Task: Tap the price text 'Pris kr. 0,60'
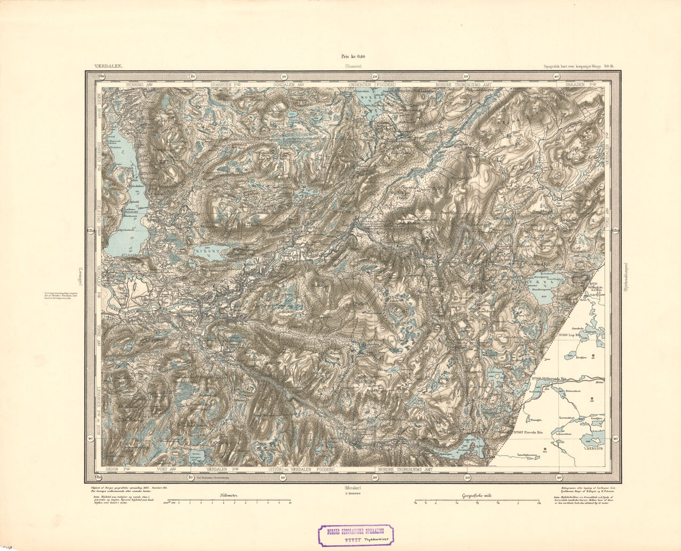[353, 56]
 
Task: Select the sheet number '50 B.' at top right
[609, 67]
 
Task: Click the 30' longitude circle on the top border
[466, 76]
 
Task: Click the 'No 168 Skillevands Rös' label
[555, 378]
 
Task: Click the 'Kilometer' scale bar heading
[229, 495]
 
